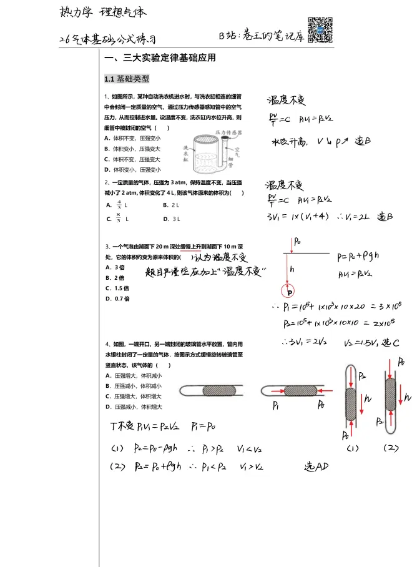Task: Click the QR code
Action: (x=321, y=29)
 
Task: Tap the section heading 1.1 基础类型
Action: (x=127, y=79)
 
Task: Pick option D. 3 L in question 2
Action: (x=171, y=219)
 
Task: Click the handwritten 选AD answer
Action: (x=316, y=467)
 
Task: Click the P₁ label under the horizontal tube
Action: (x=276, y=405)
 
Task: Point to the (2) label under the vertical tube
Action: (x=391, y=448)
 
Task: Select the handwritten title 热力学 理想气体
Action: (x=104, y=12)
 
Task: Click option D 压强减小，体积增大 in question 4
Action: (x=134, y=407)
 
